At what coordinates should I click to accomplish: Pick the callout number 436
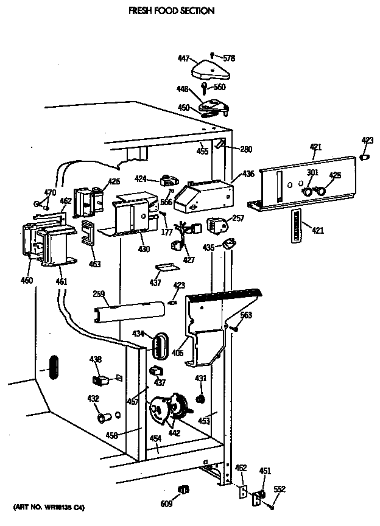coord(248,174)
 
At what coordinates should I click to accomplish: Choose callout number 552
coord(279,489)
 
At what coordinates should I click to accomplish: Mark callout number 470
coord(49,193)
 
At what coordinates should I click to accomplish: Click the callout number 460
coord(27,281)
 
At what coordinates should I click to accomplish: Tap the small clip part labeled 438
coord(100,380)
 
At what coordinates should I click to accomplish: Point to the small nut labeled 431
coord(200,399)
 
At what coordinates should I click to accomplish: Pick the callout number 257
coord(238,217)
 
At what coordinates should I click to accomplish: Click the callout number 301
coord(312,173)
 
